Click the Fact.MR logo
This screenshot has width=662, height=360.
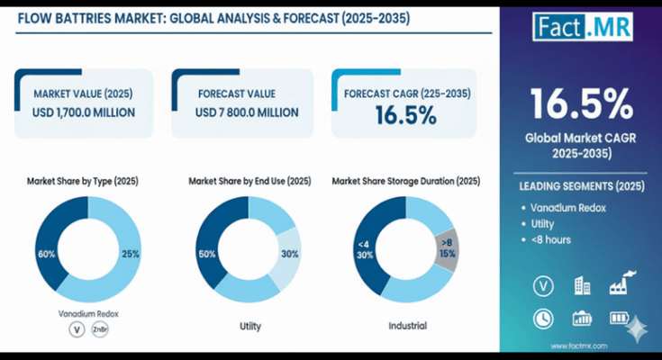[x=583, y=26]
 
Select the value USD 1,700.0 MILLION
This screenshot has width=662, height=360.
[x=84, y=112]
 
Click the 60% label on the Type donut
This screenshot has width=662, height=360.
[x=46, y=254]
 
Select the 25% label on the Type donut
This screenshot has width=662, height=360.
[x=130, y=254]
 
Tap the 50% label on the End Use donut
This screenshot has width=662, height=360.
[x=207, y=255]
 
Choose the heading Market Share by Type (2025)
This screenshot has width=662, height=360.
[x=83, y=181]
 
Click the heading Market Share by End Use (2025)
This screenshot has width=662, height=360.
[x=249, y=181]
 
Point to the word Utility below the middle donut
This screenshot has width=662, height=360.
[x=249, y=324]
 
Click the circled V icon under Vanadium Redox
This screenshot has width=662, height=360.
[x=76, y=330]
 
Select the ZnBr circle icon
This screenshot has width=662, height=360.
[x=100, y=330]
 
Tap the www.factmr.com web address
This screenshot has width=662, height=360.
[x=581, y=346]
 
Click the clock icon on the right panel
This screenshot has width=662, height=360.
[x=542, y=318]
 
